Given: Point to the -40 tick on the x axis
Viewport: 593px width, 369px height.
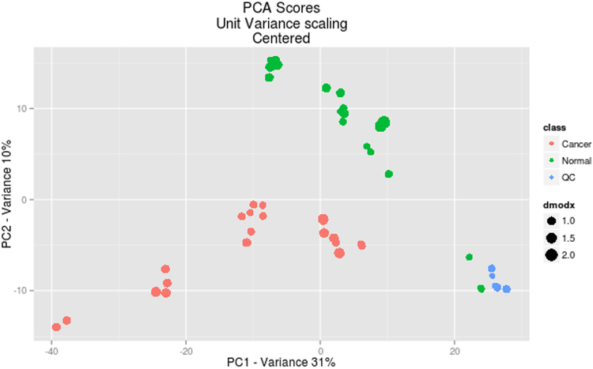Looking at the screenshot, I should [x=52, y=349].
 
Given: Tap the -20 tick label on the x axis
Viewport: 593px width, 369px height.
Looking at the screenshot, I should [x=186, y=349].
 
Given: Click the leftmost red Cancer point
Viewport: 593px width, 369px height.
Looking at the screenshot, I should [x=56, y=327].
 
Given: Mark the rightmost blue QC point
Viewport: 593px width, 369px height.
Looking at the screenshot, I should [x=506, y=289].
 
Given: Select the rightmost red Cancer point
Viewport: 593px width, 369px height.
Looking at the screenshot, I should [x=361, y=245].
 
